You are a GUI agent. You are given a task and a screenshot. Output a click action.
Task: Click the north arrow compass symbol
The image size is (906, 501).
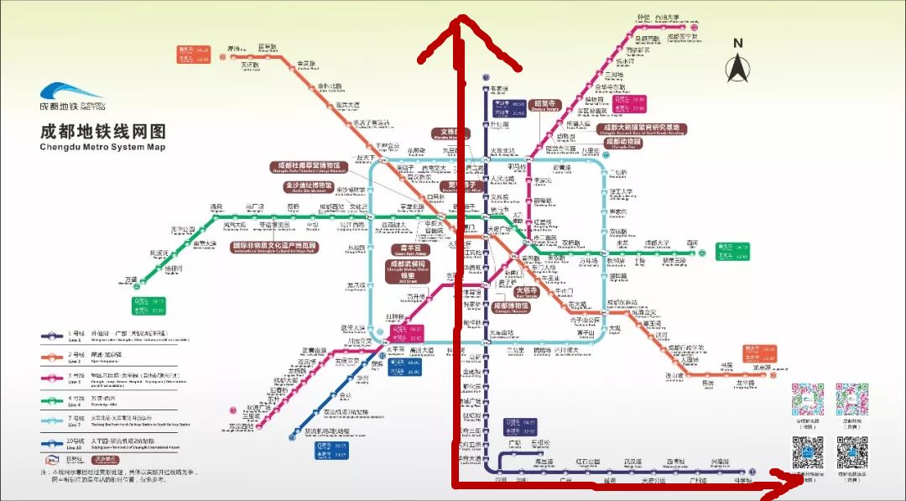tap(737, 65)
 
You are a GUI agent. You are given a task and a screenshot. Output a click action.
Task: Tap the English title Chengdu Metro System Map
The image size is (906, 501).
tap(102, 147)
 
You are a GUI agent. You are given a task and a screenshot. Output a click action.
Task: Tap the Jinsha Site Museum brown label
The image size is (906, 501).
tap(309, 185)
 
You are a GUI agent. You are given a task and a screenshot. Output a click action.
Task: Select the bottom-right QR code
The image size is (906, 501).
tap(851, 452)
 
